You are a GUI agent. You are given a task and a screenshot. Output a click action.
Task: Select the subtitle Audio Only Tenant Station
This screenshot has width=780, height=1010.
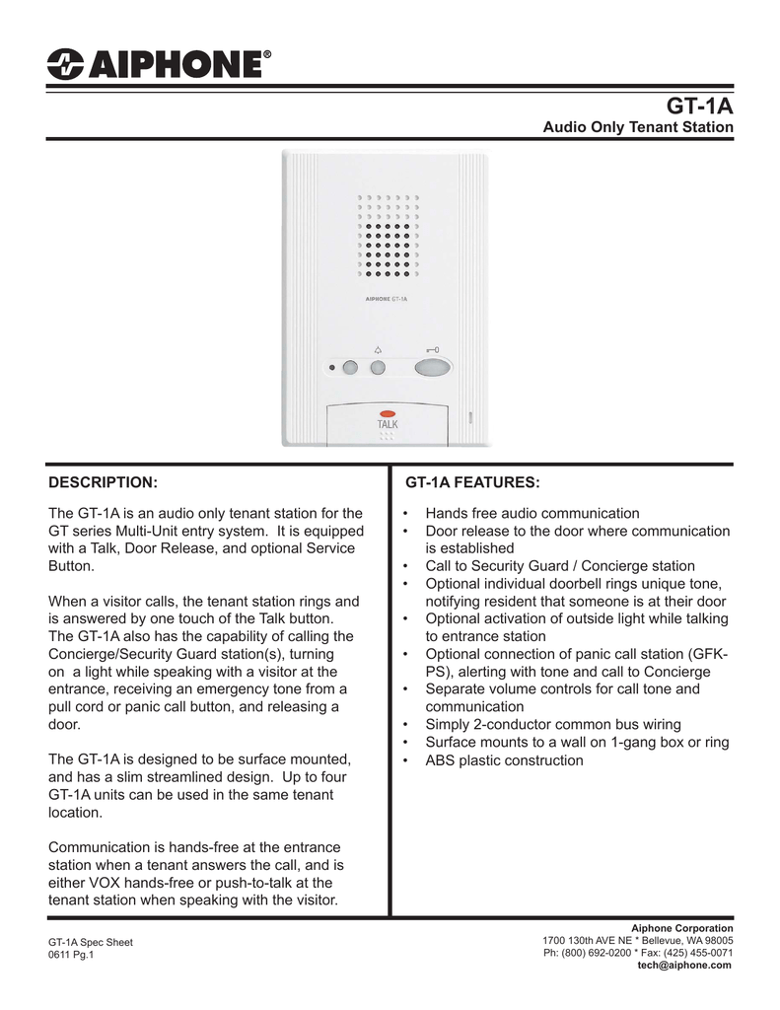tap(639, 128)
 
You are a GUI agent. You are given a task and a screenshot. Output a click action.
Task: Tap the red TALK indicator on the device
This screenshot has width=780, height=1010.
tap(387, 413)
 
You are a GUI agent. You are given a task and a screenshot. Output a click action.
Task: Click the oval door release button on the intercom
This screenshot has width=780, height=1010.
tap(432, 368)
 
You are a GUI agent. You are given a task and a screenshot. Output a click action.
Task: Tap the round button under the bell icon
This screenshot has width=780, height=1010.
tap(377, 368)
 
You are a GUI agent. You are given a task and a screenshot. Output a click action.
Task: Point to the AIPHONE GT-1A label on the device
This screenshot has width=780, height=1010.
tap(387, 297)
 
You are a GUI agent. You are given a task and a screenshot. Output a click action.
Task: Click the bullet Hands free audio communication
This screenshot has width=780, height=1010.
tap(532, 514)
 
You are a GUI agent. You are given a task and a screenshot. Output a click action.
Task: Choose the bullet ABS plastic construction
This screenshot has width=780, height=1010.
tap(504, 760)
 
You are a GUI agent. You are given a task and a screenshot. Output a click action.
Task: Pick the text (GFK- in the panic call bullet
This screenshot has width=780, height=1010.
tap(707, 655)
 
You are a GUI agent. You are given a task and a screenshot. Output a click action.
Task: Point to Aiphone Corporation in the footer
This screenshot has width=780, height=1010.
tap(682, 928)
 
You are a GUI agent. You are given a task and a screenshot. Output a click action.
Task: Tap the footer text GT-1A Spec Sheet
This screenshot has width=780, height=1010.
tap(91, 942)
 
